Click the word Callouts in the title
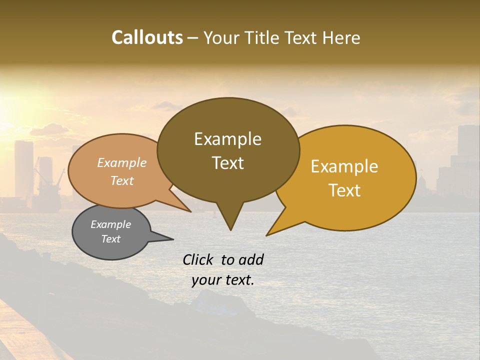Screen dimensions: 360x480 [147, 37]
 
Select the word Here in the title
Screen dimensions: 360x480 [341, 37]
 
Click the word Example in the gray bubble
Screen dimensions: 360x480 [110, 224]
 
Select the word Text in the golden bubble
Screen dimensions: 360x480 [344, 190]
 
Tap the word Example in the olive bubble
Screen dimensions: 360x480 [227, 139]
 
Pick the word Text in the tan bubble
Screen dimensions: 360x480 [122, 180]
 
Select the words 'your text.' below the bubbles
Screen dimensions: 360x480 [223, 280]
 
